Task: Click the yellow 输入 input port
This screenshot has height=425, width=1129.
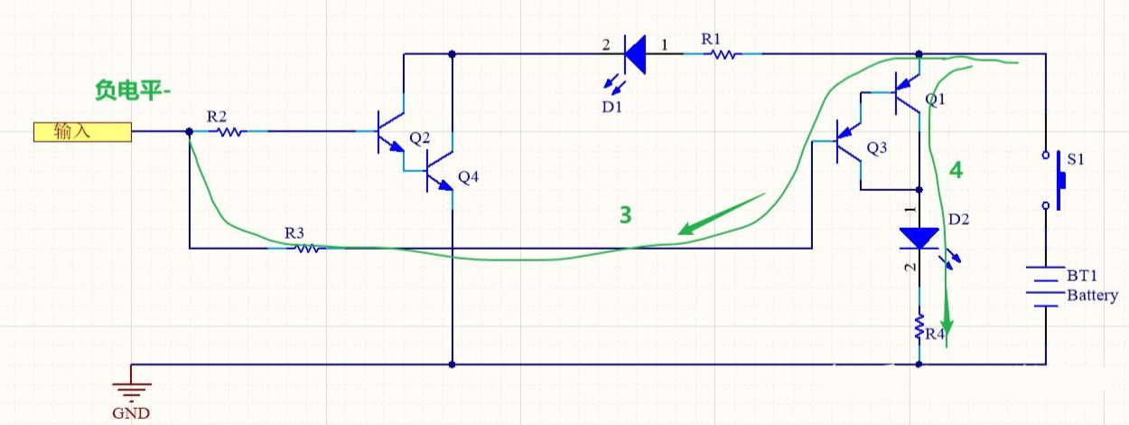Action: tap(82, 132)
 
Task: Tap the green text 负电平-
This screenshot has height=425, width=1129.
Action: tap(133, 90)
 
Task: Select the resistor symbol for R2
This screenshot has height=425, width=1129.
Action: tap(229, 132)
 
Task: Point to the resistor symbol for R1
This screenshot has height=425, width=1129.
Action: tap(723, 54)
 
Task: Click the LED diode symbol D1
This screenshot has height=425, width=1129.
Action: tap(635, 55)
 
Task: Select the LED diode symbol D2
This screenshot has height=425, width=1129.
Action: tap(920, 238)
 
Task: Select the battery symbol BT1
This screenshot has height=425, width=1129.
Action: tap(1046, 286)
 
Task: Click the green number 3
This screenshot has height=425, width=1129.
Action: tap(624, 214)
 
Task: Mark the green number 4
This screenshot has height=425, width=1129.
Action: tap(955, 169)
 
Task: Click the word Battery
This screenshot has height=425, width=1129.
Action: tap(1092, 296)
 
